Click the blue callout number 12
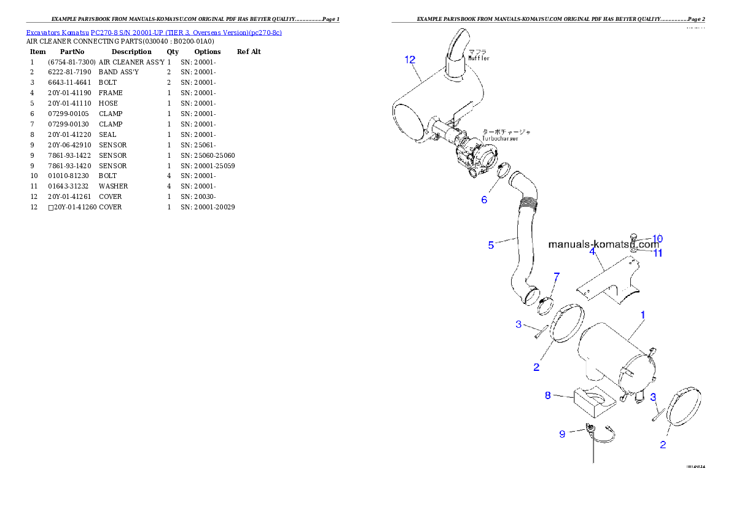tap(410, 60)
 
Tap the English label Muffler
tap(479, 58)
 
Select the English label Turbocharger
tap(500, 139)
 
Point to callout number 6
tap(484, 200)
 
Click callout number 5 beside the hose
tap(491, 246)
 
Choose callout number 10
tap(657, 239)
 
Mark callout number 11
tap(657, 252)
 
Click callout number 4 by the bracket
tap(592, 251)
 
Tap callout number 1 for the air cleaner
tap(643, 315)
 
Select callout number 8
tap(548, 395)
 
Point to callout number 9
tap(562, 434)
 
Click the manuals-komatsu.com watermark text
tap(603, 244)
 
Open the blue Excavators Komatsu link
tap(154, 33)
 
